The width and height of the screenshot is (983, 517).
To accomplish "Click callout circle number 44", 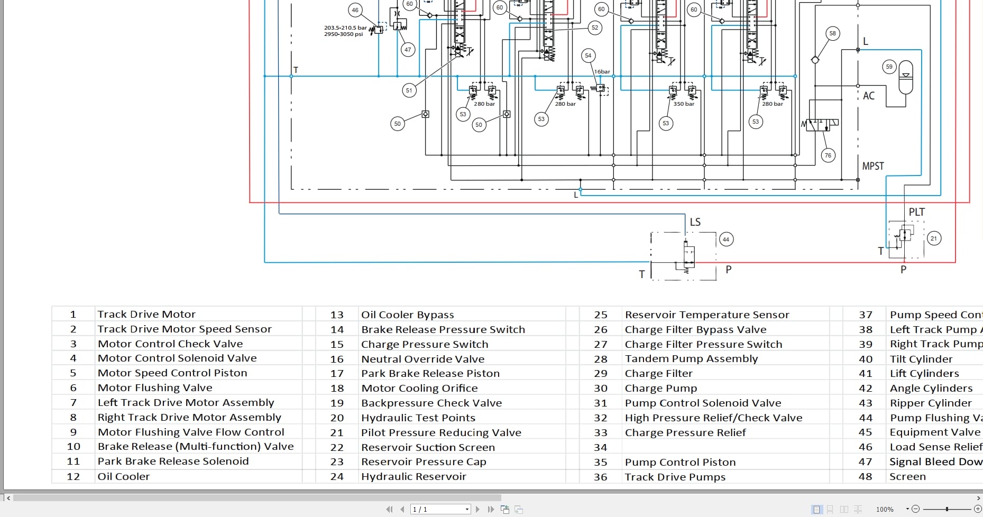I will tap(726, 239).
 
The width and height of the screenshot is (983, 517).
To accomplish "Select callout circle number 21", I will tap(934, 238).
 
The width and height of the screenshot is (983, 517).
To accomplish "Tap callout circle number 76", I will tap(828, 155).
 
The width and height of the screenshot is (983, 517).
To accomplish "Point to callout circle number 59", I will tap(889, 67).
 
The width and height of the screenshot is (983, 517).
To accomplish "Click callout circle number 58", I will tap(833, 33).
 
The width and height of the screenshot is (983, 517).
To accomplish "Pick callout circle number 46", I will tap(355, 10).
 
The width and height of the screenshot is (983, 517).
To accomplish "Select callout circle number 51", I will tap(409, 90).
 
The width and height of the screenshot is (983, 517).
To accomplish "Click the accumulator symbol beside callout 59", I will tap(906, 77).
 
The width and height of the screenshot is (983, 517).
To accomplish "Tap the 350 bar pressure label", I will tap(684, 104).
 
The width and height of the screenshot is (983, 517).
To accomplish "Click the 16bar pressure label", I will tap(602, 72).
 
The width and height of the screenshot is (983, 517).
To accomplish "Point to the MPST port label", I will tap(873, 166).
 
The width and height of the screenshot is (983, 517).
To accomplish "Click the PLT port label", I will tap(917, 212).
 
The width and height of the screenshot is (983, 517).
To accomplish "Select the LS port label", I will tap(695, 222).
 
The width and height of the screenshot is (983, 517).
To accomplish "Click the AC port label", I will tap(869, 96).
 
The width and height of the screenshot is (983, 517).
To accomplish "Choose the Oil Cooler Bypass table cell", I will tap(407, 315).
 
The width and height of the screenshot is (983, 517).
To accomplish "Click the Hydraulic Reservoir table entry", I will tap(414, 476).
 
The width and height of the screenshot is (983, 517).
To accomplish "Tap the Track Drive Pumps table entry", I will tap(675, 476).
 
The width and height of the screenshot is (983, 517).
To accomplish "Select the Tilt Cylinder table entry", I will tap(921, 359).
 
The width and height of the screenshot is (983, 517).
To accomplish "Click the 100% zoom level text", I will tap(885, 509).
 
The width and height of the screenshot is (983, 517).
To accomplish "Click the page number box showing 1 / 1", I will tap(440, 509).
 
